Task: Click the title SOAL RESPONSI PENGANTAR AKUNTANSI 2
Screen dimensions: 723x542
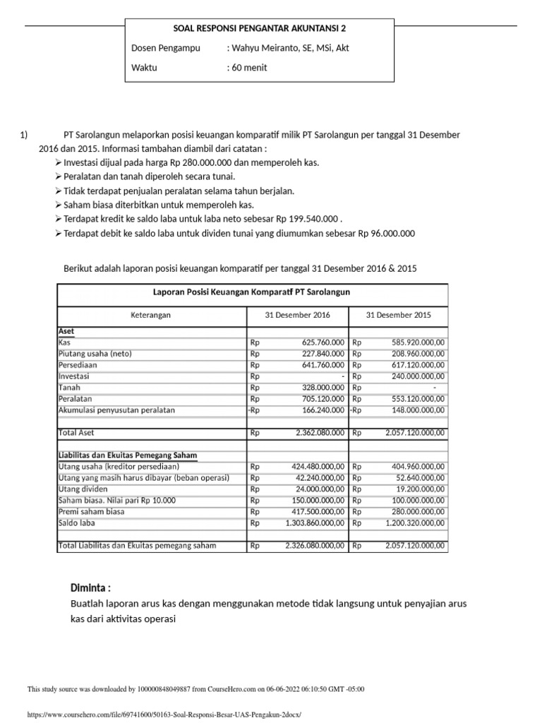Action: tap(260, 28)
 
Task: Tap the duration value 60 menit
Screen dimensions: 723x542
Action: tap(250, 68)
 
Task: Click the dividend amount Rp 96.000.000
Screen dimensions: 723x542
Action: tap(387, 234)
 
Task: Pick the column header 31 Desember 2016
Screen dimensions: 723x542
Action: tap(297, 315)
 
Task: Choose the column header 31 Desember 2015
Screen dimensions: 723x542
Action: tap(399, 315)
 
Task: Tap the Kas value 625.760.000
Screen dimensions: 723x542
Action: tap(317, 342)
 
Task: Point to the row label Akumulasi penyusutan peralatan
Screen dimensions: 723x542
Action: tap(116, 410)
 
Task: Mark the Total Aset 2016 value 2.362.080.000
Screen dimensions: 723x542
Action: tap(314, 432)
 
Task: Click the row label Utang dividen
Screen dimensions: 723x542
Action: tap(85, 489)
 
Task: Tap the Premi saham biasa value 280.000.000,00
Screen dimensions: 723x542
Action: tap(414, 512)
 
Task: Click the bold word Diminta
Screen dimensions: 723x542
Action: tap(90, 588)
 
